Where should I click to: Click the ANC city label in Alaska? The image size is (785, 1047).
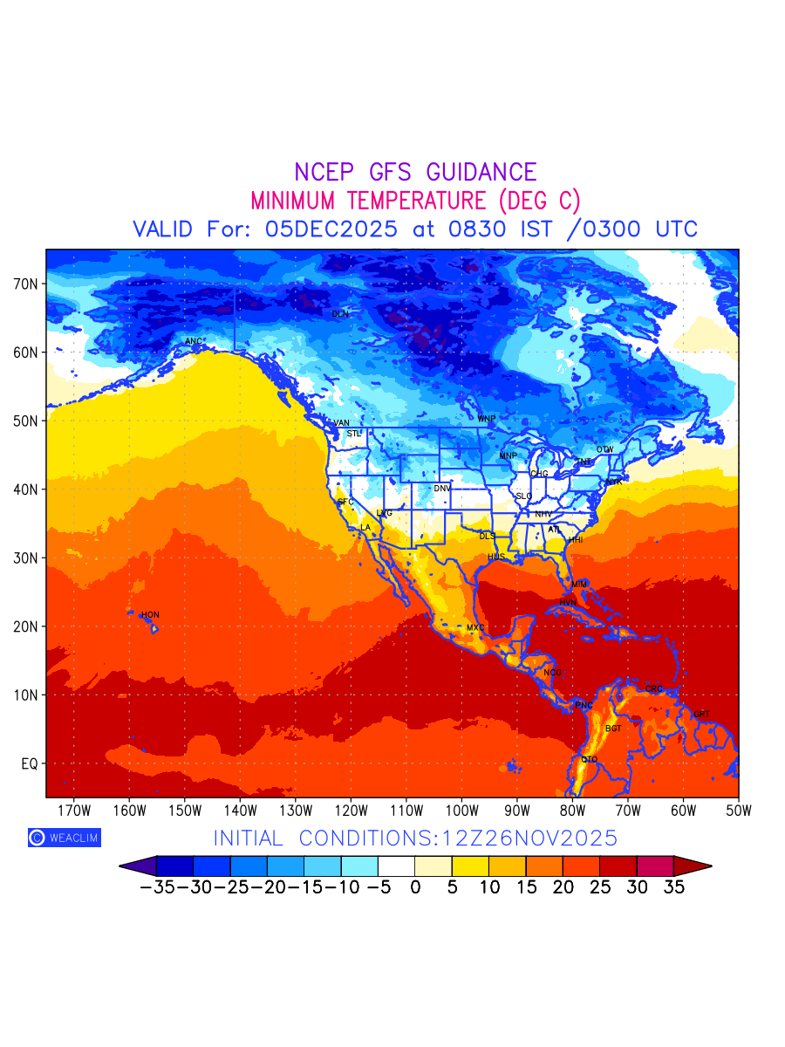click(194, 341)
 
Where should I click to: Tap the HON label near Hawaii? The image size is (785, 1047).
click(150, 615)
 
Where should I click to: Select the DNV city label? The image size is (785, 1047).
click(442, 489)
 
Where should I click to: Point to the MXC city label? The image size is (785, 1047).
click(475, 628)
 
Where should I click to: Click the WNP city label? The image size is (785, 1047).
click(486, 419)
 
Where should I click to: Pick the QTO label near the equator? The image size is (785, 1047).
click(590, 760)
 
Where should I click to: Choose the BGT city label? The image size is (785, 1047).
click(613, 729)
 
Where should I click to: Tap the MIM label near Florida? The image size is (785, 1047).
click(579, 584)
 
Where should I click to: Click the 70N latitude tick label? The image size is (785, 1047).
click(26, 284)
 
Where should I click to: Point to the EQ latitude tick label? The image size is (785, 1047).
click(29, 764)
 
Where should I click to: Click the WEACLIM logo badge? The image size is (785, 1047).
click(64, 838)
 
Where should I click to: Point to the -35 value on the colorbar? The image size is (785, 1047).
click(158, 888)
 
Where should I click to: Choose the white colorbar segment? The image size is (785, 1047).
click(396, 866)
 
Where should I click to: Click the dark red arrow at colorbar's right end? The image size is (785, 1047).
click(693, 866)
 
